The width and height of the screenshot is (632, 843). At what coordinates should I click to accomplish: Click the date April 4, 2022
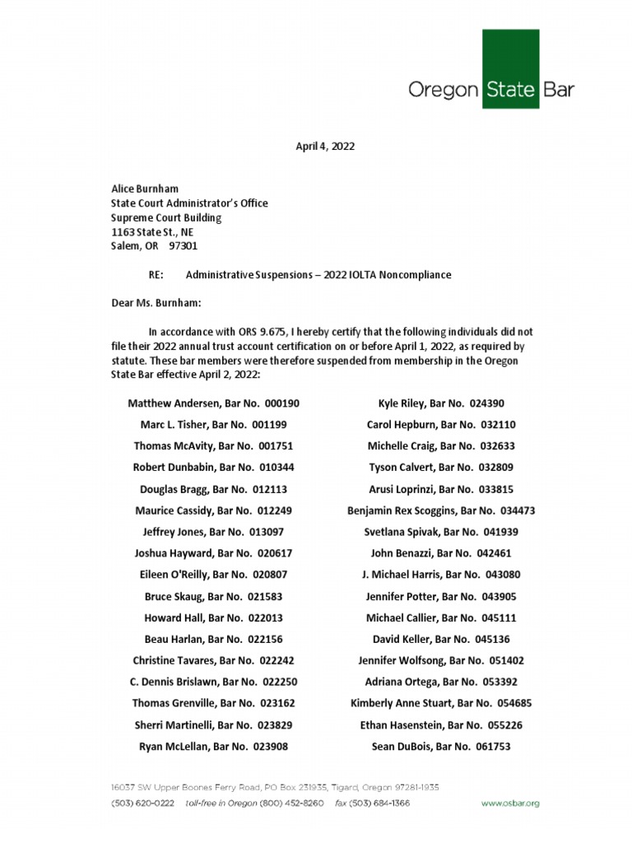325,146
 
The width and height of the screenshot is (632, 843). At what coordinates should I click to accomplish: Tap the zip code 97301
183,245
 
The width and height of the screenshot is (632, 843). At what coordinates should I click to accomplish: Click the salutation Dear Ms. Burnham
156,303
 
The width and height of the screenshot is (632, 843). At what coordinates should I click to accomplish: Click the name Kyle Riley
402,403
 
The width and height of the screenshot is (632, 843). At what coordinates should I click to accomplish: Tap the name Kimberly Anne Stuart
393,703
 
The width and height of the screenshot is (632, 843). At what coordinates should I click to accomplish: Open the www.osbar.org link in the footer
510,803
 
